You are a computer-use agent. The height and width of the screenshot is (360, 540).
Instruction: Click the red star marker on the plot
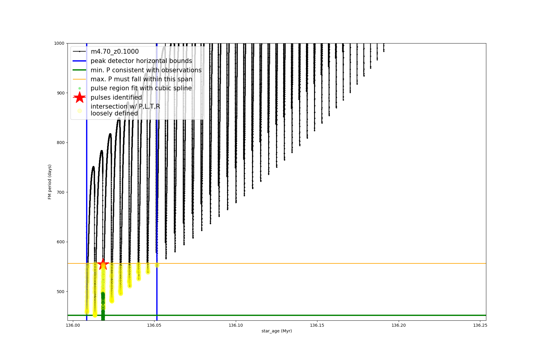coord(103,264)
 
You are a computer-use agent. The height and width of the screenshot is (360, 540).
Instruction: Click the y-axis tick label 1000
coord(59,43)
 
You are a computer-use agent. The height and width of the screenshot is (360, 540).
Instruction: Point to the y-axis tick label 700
coord(60,192)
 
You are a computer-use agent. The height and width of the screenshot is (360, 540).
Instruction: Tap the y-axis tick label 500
coord(60,292)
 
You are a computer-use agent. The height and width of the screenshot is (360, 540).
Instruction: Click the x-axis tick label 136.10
coord(235,325)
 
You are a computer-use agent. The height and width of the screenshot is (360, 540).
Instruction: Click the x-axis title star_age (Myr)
coord(277,331)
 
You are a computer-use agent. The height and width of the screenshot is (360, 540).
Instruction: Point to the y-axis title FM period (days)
coord(50,182)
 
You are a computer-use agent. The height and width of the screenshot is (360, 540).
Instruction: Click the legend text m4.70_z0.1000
coord(115,52)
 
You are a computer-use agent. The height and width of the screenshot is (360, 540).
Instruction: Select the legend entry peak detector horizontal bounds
coord(141,61)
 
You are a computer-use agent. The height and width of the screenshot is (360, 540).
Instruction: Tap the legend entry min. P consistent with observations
coord(146,70)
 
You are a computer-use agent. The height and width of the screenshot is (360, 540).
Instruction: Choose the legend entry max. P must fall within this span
coord(141,79)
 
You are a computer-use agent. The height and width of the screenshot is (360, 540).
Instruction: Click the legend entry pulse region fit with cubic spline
coord(141,88)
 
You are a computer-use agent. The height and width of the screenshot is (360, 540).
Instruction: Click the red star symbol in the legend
coord(79,97)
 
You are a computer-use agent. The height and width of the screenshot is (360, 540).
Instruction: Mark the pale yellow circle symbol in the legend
coord(79,111)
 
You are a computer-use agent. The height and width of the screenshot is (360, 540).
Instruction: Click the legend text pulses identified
coord(116,97)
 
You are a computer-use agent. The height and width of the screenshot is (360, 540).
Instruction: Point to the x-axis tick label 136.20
coord(398,325)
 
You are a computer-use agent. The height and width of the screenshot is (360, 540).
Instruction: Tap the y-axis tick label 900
coord(60,93)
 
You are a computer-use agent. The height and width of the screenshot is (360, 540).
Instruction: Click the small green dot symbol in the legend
coord(79,88)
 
